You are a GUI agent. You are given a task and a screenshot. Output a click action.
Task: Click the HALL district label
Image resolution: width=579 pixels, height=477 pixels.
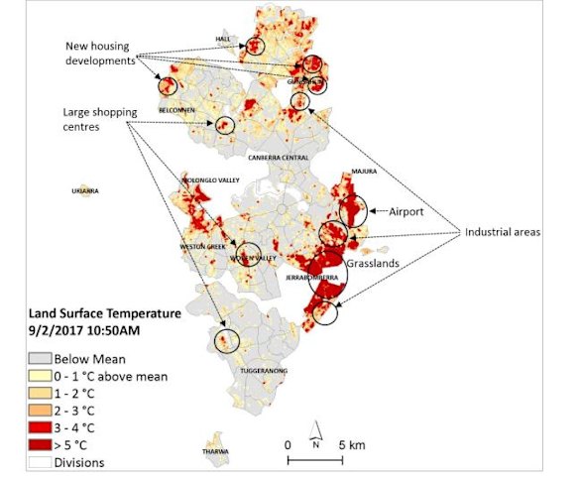coord(222,40)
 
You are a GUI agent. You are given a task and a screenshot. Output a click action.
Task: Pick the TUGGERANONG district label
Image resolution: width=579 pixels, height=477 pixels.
coord(265,371)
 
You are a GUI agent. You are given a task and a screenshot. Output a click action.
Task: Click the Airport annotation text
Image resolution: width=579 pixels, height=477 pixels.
coord(406,212)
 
